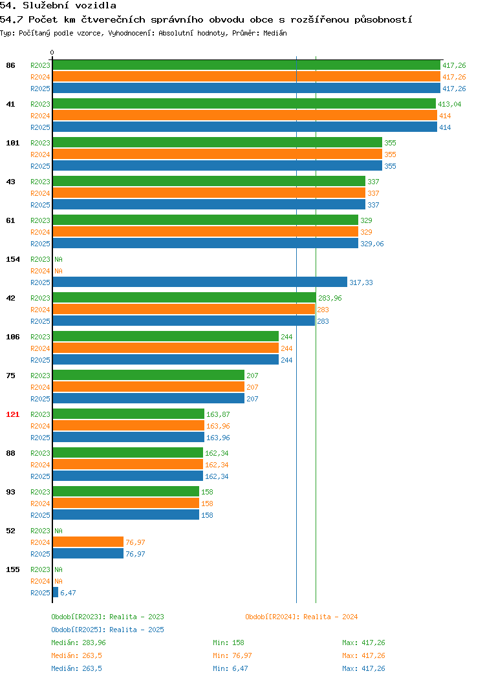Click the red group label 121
(x=12, y=414)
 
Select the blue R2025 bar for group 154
(x=200, y=282)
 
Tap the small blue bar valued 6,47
(x=56, y=592)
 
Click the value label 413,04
(x=449, y=104)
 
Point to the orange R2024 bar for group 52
(x=88, y=542)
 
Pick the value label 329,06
(x=372, y=244)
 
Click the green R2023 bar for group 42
(x=184, y=298)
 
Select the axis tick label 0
(x=52, y=52)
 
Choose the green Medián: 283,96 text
(x=78, y=643)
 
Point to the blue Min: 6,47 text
(x=230, y=668)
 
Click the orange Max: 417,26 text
(x=363, y=655)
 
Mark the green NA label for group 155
(x=59, y=569)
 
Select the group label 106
(x=12, y=337)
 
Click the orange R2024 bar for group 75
(x=148, y=387)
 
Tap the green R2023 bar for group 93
(x=126, y=492)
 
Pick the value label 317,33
(x=361, y=282)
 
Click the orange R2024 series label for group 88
(x=40, y=465)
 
